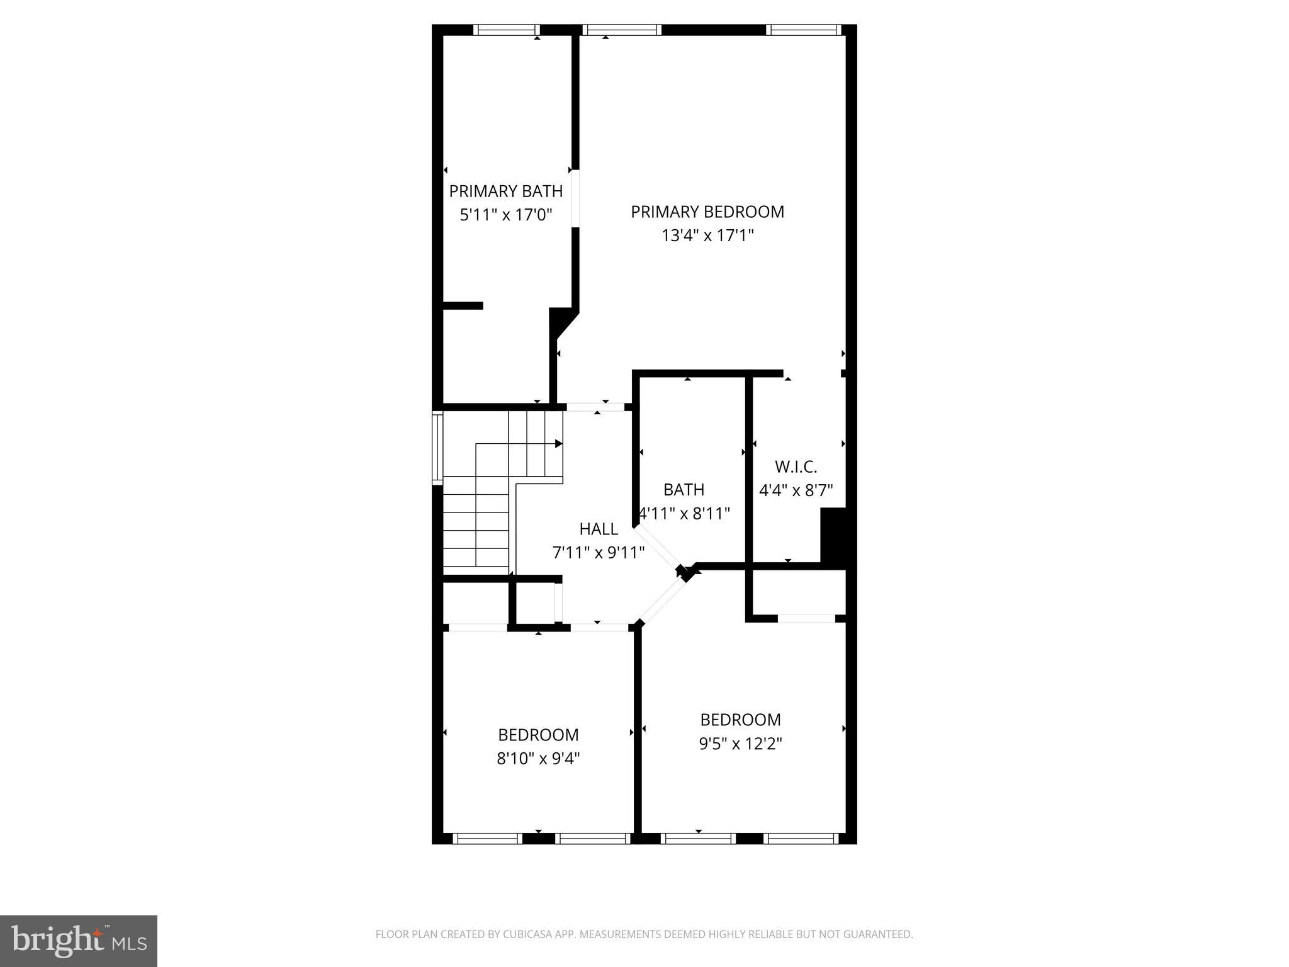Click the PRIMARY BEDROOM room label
pyautogui.click(x=707, y=212)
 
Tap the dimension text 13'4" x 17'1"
pyautogui.click(x=707, y=235)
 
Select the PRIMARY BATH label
pyautogui.click(x=505, y=191)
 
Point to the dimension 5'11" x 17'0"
pyautogui.click(x=505, y=215)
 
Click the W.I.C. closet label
pyautogui.click(x=796, y=467)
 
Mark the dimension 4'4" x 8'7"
pyautogui.click(x=796, y=490)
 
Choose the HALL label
pyautogui.click(x=599, y=529)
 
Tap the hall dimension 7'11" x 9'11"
pyautogui.click(x=599, y=553)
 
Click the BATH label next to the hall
pyautogui.click(x=684, y=489)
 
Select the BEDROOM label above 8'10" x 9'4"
pyautogui.click(x=538, y=735)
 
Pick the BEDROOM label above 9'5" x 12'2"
pyautogui.click(x=740, y=720)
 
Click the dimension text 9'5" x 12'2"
pyautogui.click(x=740, y=744)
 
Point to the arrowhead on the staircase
pyautogui.click(x=558, y=444)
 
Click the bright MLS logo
pyautogui.click(x=79, y=941)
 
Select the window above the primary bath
pyautogui.click(x=507, y=30)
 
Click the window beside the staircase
pyautogui.click(x=437, y=448)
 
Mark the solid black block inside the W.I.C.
pyautogui.click(x=833, y=534)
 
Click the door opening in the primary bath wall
pyautogui.click(x=575, y=198)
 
